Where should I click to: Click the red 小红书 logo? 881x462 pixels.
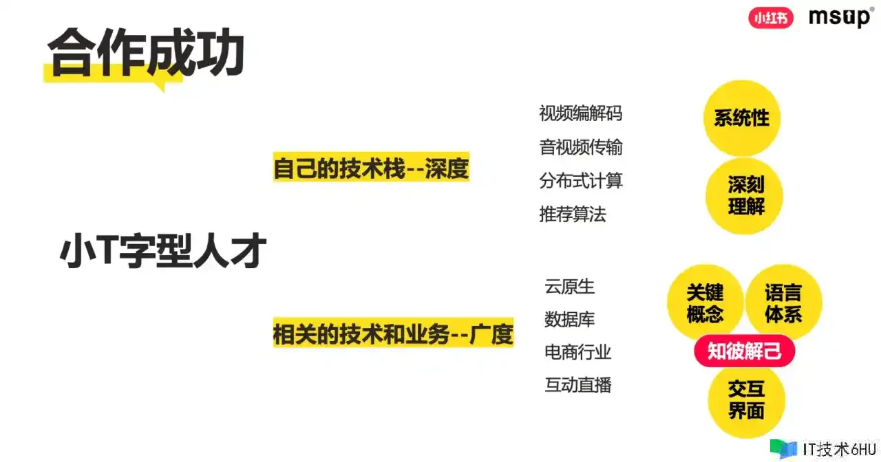(x=770, y=18)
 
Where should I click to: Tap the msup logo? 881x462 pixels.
(x=841, y=17)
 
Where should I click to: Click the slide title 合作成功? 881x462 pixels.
(x=146, y=54)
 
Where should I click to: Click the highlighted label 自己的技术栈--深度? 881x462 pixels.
(x=371, y=167)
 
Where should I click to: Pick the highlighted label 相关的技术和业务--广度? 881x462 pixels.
(x=393, y=333)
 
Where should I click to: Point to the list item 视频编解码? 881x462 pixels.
(x=580, y=113)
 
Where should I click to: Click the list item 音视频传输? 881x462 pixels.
(x=580, y=147)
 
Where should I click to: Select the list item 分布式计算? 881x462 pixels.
(x=580, y=181)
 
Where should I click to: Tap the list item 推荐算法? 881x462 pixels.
(x=572, y=214)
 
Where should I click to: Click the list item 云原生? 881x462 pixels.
(x=569, y=287)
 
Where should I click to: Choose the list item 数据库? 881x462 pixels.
(x=569, y=320)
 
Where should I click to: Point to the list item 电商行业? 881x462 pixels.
(x=577, y=353)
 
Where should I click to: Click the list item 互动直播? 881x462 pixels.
(x=577, y=385)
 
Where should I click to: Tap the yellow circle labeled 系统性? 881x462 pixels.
(x=742, y=118)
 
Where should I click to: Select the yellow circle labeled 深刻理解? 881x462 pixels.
(x=744, y=196)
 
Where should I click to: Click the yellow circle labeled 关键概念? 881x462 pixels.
(x=705, y=303)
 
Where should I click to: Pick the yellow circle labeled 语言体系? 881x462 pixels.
(x=783, y=303)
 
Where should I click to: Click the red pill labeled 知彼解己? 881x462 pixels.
(x=744, y=351)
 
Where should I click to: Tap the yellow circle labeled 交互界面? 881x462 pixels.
(x=746, y=400)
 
